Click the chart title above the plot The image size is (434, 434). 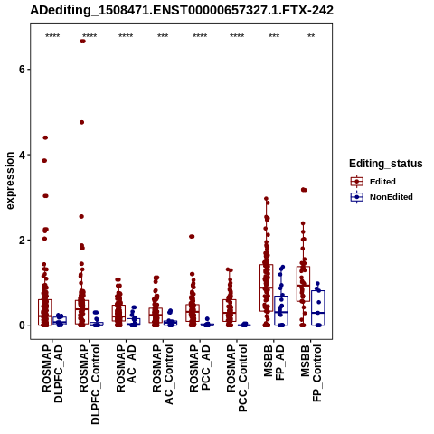182,11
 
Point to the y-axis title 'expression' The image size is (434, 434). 10,181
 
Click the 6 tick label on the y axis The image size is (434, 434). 22,70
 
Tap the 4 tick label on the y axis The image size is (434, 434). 22,155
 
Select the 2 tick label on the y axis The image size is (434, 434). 22,241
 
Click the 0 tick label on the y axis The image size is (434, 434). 22,325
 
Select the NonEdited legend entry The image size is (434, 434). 382,197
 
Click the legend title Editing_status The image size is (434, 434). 386,164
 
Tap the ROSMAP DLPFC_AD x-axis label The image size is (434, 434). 52,373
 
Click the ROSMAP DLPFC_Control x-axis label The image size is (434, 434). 90,384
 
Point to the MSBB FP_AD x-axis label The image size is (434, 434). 274,363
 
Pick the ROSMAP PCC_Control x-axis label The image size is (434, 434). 237,378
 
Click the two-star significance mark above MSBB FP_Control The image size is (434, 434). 311,36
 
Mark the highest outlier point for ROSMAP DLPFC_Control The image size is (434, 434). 82,42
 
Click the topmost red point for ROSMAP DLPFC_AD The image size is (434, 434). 45,137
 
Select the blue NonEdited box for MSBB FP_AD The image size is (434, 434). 281,310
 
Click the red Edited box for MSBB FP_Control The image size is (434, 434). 303,284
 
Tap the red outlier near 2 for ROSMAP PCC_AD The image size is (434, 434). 192,237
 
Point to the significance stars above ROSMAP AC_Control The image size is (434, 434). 163,36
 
